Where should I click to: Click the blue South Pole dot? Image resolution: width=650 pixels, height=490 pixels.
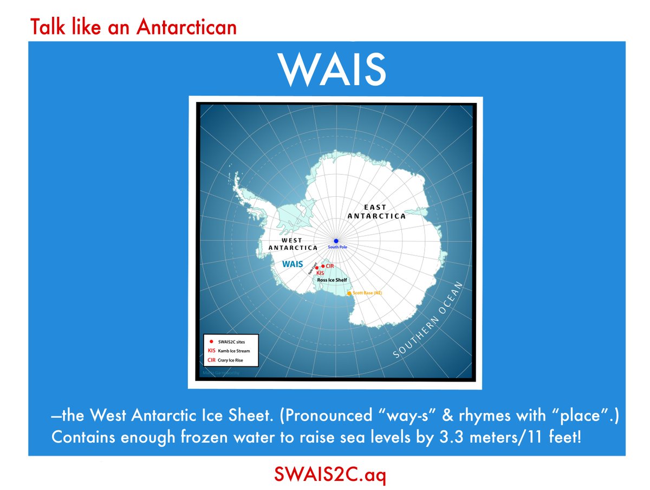(336, 241)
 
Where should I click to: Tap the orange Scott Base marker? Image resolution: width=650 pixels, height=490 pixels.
(349, 293)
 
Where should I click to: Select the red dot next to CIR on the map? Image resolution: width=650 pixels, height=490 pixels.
(323, 266)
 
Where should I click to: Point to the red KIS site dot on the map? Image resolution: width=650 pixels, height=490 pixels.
(317, 268)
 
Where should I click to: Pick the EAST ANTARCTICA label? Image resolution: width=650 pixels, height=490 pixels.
(376, 211)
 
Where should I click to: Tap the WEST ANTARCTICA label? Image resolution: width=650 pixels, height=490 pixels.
(292, 244)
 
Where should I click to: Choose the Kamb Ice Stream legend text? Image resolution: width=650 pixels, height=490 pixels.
(235, 351)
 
